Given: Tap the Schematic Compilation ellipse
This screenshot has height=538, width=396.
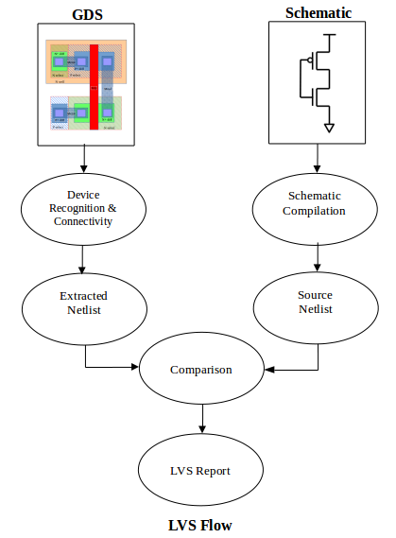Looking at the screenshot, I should (x=315, y=203).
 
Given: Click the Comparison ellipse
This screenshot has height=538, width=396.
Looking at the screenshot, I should (x=200, y=370).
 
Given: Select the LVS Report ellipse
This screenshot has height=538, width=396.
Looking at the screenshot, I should (x=200, y=470).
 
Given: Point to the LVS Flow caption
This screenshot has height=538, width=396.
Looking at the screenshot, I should (x=199, y=525).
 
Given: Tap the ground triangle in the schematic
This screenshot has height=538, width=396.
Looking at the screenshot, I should (x=328, y=126).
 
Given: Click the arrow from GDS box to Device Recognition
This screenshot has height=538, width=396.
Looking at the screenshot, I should (x=83, y=158).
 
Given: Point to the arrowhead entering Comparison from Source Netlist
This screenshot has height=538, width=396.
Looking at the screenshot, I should (x=268, y=370).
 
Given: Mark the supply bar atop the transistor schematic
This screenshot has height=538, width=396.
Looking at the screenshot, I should (x=328, y=35).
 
